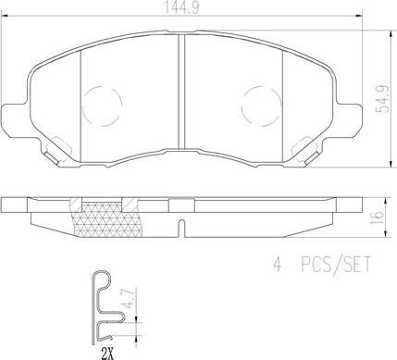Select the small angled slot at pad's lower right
point(304,143)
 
